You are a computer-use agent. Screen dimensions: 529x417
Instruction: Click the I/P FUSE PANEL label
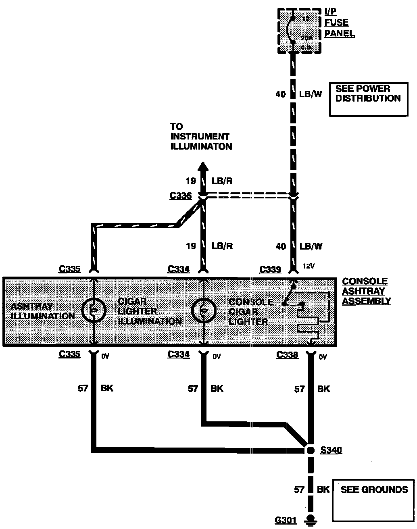coord(340,23)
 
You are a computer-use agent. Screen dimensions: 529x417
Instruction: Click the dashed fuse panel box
coord(300,31)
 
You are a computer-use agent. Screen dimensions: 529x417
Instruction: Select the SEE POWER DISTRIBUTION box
coord(368,99)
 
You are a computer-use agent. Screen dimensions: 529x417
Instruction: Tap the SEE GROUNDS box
coord(373,500)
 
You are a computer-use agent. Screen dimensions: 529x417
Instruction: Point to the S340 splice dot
coord(310,450)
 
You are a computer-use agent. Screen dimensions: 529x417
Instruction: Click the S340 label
coord(331,450)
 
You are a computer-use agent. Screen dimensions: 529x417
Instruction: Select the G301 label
coord(286,521)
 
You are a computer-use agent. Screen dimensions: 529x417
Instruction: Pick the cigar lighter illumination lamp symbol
coord(204,310)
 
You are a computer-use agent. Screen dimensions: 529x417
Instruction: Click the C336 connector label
coord(180,196)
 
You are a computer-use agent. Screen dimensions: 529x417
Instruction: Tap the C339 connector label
coord(270,269)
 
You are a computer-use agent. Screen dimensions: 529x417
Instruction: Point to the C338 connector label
coord(287,355)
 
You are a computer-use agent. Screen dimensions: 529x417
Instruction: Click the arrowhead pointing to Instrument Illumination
coord(203,167)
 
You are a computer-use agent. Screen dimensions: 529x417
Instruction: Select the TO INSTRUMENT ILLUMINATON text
coord(201,137)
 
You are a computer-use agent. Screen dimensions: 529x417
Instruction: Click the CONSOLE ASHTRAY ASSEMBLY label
coord(366,291)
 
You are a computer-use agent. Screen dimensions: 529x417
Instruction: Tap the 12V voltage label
coord(309,266)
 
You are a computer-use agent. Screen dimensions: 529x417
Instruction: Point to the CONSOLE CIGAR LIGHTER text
coord(250,312)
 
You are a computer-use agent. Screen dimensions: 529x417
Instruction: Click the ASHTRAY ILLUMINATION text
coord(43,311)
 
